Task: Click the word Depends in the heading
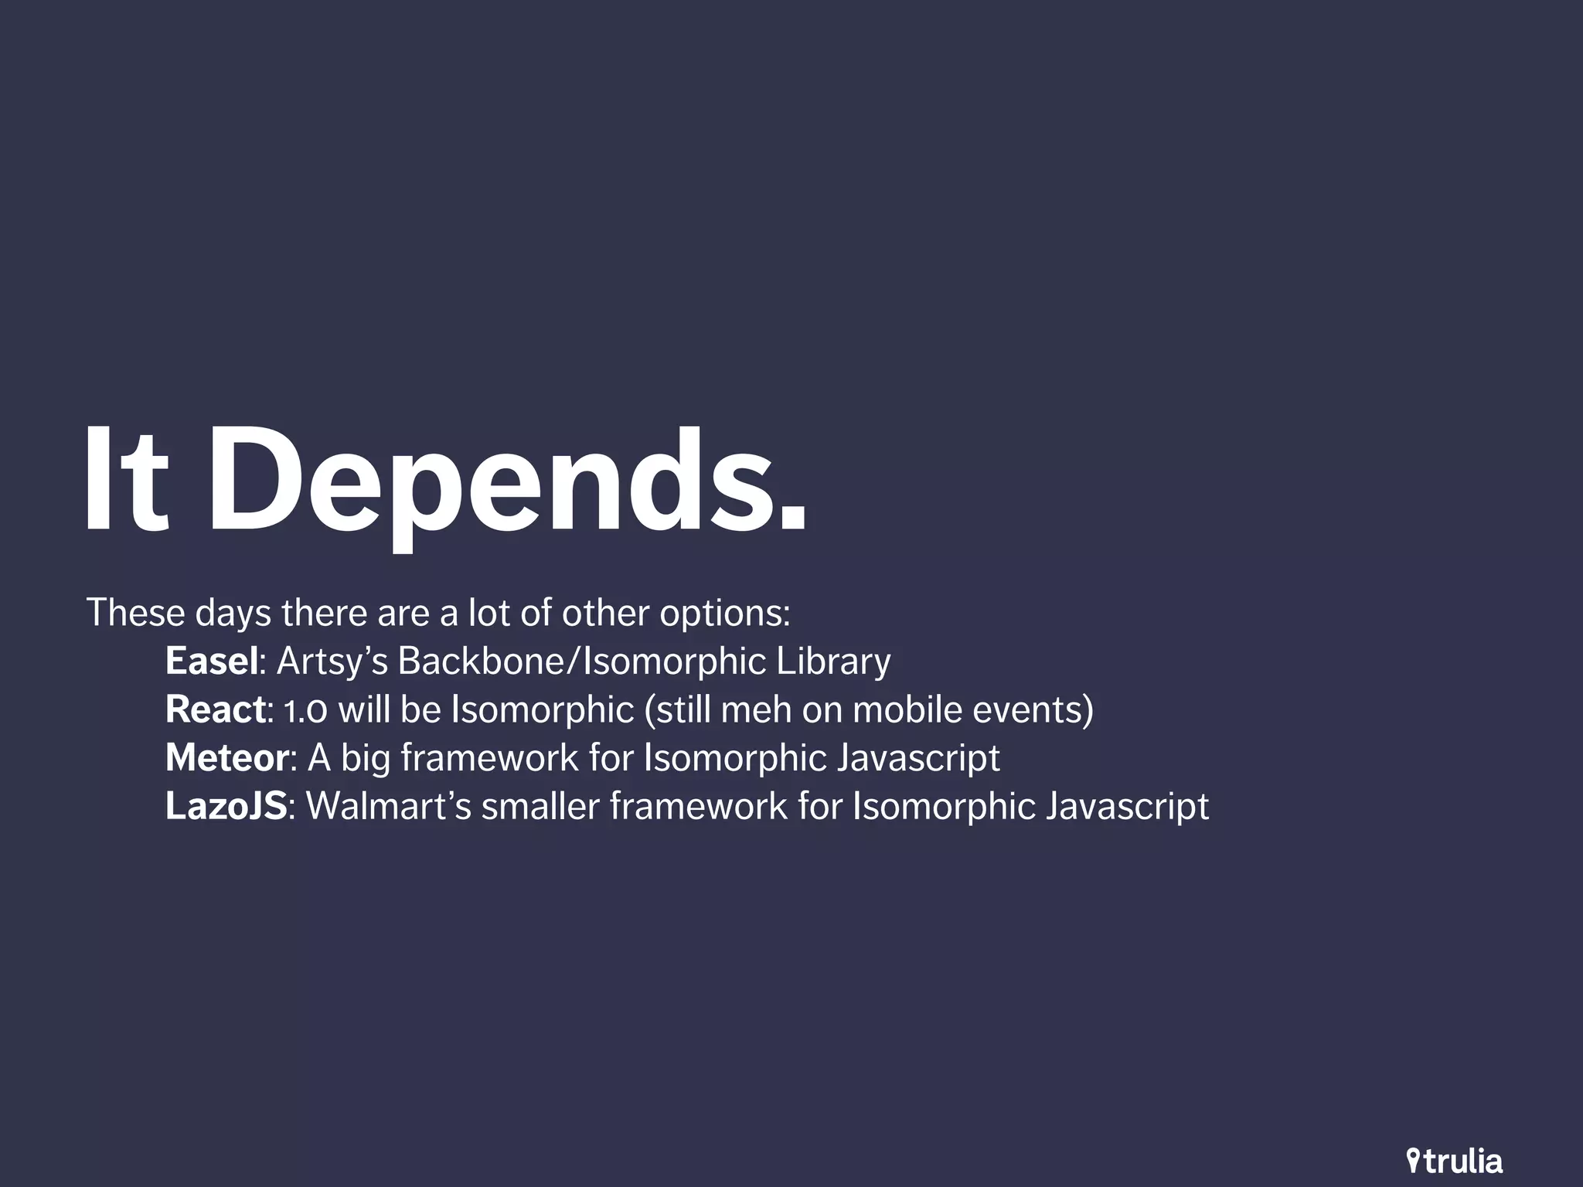tap(506, 483)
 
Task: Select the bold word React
tap(216, 710)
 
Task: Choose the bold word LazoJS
tap(226, 807)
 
